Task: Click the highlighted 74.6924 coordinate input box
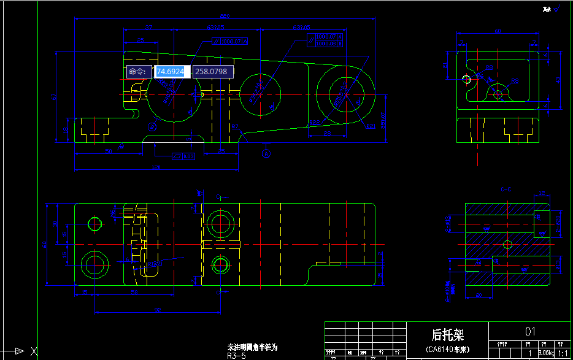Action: [170, 72]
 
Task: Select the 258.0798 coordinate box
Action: [211, 72]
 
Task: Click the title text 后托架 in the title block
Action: [447, 334]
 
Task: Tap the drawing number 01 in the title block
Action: [530, 331]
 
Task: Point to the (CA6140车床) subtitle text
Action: [447, 350]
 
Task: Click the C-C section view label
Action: [507, 189]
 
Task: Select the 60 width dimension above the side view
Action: [498, 31]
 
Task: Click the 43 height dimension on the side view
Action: [558, 80]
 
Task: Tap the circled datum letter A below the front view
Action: [266, 153]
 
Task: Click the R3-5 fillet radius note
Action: [236, 356]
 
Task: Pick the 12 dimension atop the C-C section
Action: [542, 193]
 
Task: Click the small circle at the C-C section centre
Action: [507, 244]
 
